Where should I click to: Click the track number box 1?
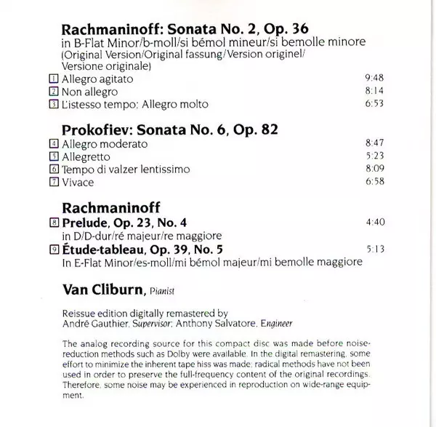point(54,79)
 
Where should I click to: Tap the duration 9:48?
point(372,79)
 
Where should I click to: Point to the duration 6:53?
point(372,105)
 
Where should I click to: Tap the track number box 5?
point(54,156)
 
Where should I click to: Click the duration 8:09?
point(372,169)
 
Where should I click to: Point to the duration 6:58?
point(372,181)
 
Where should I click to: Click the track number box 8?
point(54,221)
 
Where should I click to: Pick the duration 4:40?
point(372,221)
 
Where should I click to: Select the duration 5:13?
point(372,247)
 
